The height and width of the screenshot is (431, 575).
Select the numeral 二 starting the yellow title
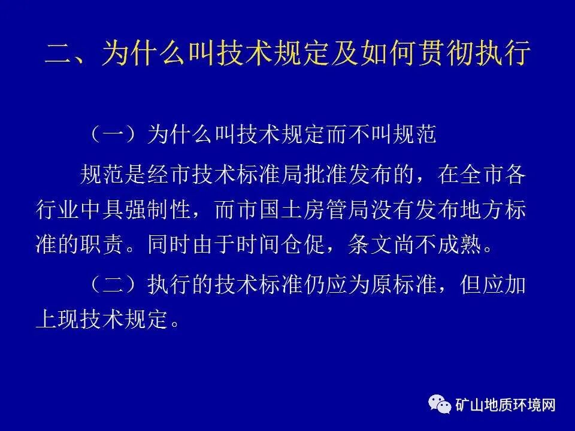point(59,54)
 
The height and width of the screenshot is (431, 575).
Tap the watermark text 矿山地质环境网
point(506,405)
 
